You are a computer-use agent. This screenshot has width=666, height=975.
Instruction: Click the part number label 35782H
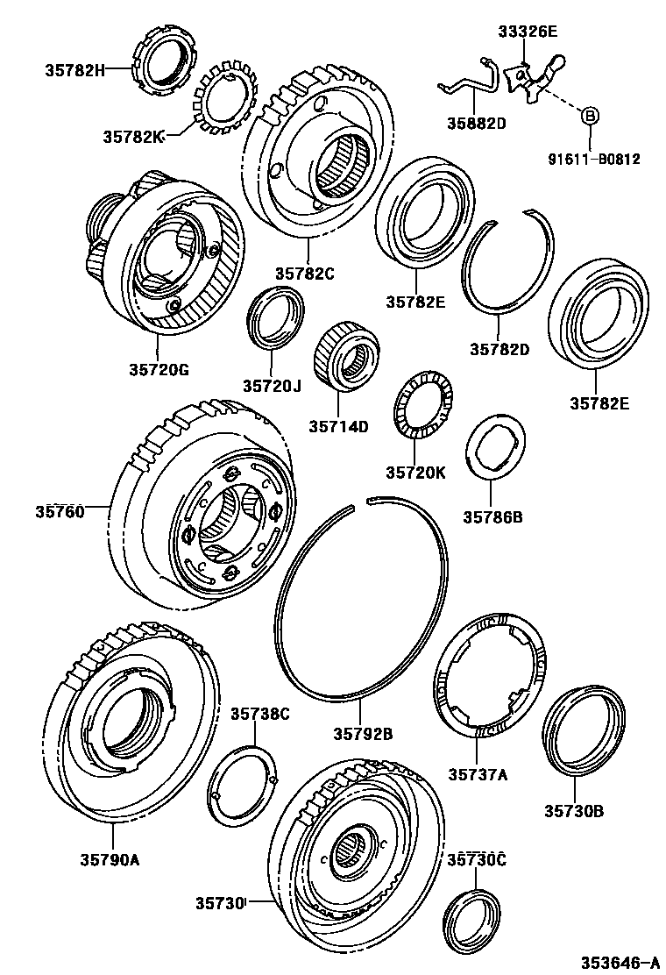[x=74, y=68]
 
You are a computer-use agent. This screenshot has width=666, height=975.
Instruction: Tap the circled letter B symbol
[x=590, y=115]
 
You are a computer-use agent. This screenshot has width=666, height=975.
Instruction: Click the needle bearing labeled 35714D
[x=346, y=356]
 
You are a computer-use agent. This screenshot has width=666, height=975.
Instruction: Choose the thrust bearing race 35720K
[x=422, y=412]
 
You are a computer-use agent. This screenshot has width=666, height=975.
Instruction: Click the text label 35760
[x=60, y=511]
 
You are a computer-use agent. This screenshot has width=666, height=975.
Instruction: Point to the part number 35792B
[x=363, y=733]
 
